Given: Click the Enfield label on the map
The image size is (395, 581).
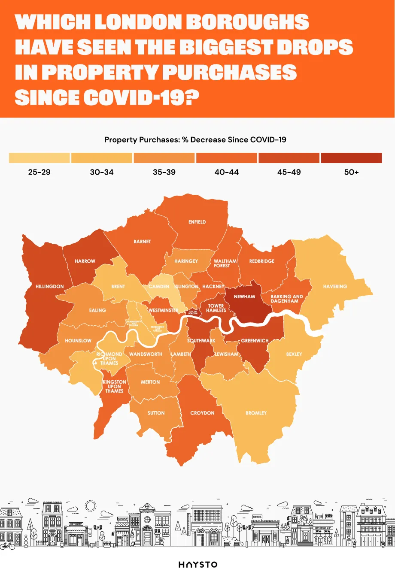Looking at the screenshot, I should click(197, 222).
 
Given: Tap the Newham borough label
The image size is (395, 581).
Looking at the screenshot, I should click(244, 297).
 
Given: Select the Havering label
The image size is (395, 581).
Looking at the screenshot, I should click(335, 286).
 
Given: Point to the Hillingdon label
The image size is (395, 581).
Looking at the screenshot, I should click(49, 286).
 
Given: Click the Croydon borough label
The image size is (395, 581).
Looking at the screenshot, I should click(202, 413).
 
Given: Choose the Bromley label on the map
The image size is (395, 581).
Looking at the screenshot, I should click(256, 413).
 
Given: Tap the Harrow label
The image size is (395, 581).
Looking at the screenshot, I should click(85, 261).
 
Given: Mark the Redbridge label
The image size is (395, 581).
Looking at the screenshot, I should click(261, 261).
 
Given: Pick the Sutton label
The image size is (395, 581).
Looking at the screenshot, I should click(156, 413).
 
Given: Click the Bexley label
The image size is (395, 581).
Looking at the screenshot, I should click(294, 354).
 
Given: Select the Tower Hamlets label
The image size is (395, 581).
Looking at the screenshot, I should click(216, 308).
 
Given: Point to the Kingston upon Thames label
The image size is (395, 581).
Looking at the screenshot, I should click(114, 386).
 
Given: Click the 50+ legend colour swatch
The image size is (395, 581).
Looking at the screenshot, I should click(351, 158).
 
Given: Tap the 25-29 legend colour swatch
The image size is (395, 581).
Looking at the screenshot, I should click(39, 158).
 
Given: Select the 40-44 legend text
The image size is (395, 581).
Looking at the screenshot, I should click(226, 172).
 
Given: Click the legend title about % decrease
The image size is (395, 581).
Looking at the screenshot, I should click(195, 139).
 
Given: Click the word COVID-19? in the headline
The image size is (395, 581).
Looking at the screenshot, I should click(141, 97).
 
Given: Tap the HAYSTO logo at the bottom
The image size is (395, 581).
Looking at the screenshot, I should click(198, 564).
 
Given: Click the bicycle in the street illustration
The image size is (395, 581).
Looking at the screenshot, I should click(7, 545).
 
